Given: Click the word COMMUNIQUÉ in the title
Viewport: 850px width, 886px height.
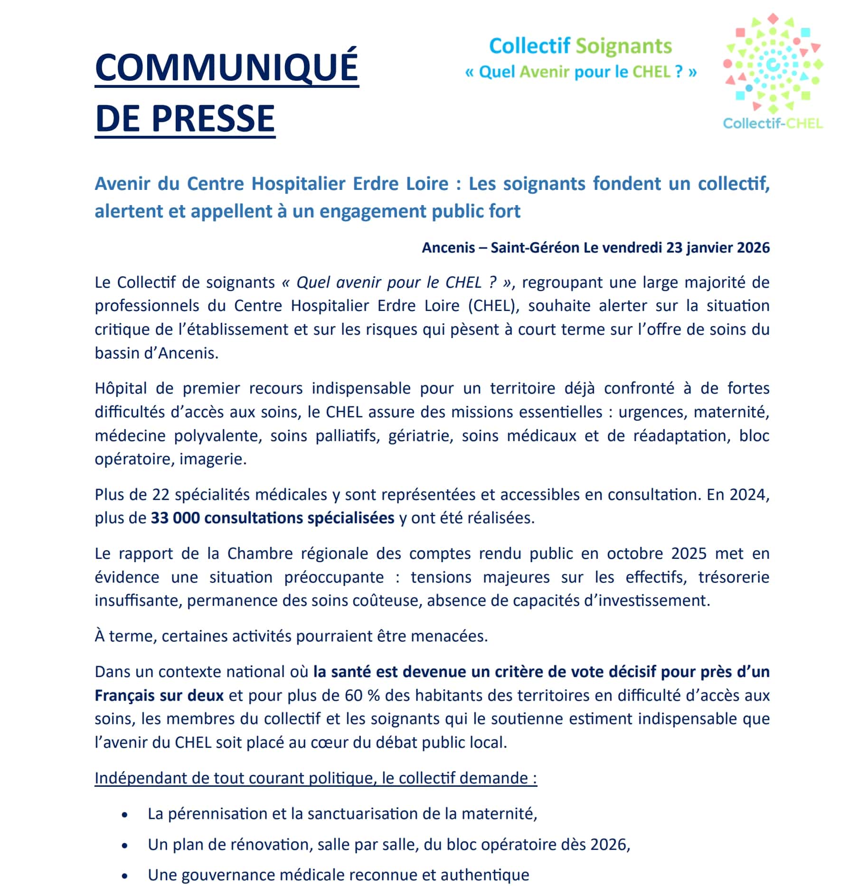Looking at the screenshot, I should pyautogui.click(x=227, y=67).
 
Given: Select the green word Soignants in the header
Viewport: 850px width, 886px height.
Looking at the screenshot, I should pyautogui.click(x=623, y=46).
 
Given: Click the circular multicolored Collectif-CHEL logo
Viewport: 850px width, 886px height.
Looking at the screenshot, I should pyautogui.click(x=773, y=64).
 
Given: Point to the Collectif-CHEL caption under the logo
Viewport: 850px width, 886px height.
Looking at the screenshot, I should pyautogui.click(x=773, y=123).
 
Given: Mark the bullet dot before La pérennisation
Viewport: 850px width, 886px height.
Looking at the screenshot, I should pyautogui.click(x=125, y=815).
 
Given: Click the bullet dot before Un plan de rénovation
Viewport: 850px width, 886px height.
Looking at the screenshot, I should pyautogui.click(x=125, y=846).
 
